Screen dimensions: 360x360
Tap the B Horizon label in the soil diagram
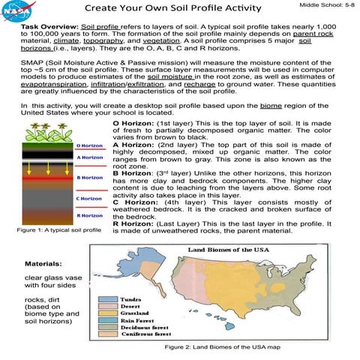point(88,178)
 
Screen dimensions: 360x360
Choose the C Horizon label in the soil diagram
point(88,199)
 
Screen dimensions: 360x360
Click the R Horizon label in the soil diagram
point(88,215)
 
